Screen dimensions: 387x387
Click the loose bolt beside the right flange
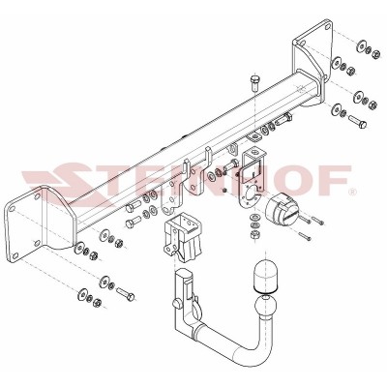tap(354, 123)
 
